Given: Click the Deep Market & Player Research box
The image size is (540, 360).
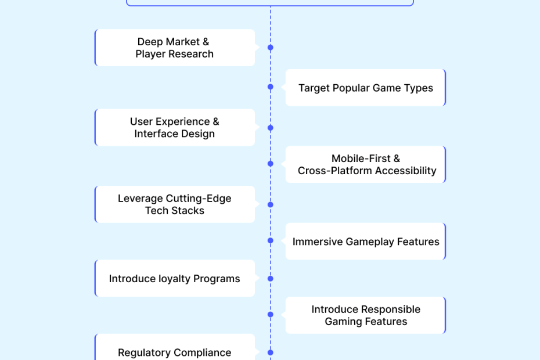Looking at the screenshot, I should point(174,48).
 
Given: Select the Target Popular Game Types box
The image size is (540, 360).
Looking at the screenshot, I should point(365,88).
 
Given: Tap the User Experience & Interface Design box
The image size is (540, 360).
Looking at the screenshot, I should point(174,127).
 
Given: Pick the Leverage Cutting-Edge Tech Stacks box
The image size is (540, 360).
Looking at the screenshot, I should point(174,204).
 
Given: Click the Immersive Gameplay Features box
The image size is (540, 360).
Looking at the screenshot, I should point(365,242).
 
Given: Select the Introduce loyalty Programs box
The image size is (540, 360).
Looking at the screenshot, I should point(174,279).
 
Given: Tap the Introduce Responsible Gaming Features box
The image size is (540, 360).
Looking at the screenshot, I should point(365,315).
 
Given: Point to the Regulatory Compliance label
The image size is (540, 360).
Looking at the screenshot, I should point(174,352).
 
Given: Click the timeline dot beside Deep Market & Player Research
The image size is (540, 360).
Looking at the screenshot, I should point(270,48).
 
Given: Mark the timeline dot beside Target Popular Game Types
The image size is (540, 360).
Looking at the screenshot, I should point(270,87).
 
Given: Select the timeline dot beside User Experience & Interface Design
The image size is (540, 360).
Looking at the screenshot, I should point(270,128).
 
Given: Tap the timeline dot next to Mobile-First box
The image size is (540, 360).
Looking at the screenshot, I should point(270,164).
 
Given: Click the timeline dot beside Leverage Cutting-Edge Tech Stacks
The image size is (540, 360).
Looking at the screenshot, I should point(270,205).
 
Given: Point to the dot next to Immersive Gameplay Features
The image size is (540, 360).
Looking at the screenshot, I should point(270,240).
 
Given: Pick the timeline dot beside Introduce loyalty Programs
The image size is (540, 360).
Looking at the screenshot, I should point(270,279).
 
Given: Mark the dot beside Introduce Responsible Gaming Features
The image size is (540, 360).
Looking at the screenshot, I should point(270,315).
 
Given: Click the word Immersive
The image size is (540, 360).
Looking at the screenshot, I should point(318,242).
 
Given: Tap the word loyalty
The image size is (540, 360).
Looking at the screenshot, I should point(174,279).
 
